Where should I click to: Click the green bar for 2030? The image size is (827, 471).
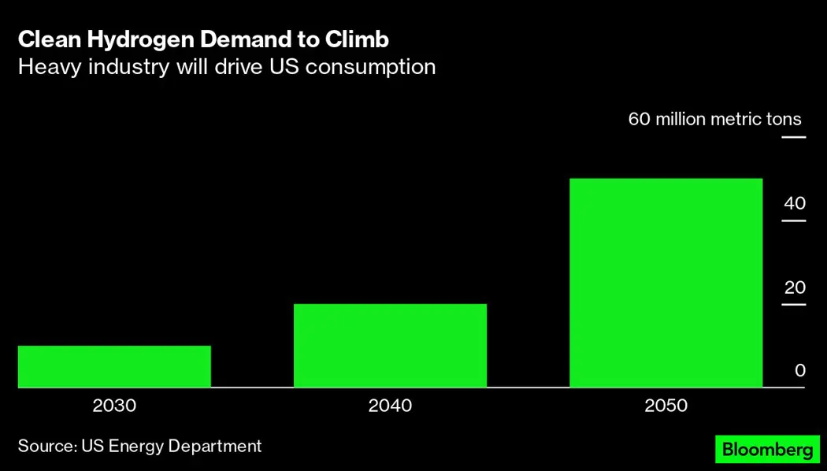(114, 366)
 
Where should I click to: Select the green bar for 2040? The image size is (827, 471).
(390, 346)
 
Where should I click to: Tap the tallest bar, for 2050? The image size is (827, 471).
(666, 283)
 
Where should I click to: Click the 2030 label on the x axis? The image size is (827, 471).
(114, 406)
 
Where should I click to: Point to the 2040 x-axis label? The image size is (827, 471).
(390, 406)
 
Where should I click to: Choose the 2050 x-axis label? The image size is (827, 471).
(666, 406)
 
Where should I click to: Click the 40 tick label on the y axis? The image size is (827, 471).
(794, 203)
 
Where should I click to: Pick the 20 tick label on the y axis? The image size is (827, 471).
(794, 287)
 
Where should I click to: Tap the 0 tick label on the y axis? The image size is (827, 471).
(799, 370)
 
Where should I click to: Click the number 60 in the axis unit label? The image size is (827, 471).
(638, 120)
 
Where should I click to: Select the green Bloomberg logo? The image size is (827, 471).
(766, 450)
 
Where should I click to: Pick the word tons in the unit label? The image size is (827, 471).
(784, 120)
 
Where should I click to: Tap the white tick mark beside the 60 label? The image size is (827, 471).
(793, 138)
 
